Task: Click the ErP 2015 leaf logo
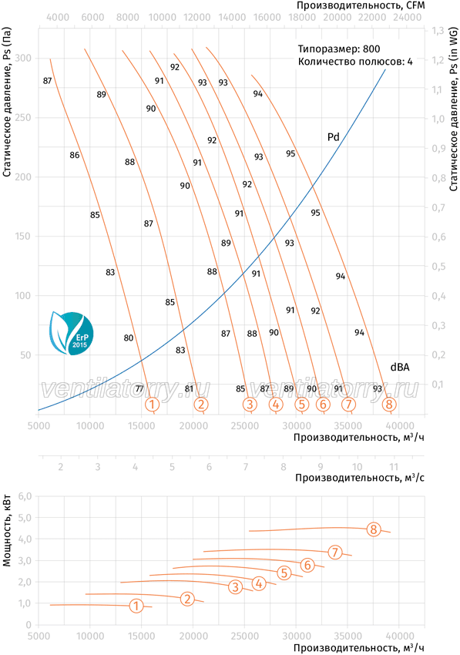click(72, 333)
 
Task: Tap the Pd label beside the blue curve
click(333, 137)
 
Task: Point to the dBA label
click(400, 367)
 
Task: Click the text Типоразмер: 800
click(339, 49)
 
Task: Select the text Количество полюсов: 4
click(355, 62)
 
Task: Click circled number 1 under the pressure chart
click(152, 404)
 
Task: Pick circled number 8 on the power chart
click(374, 529)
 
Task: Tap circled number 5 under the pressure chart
click(301, 404)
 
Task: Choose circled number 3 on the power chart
click(236, 587)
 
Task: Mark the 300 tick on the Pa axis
click(23, 58)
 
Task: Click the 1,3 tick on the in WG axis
click(438, 31)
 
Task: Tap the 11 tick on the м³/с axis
click(394, 467)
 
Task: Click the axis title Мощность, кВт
click(6, 530)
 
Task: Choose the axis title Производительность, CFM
click(361, 5)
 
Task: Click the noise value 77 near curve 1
click(139, 389)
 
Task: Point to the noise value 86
click(75, 156)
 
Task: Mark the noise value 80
click(128, 338)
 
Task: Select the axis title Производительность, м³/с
click(360, 478)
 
